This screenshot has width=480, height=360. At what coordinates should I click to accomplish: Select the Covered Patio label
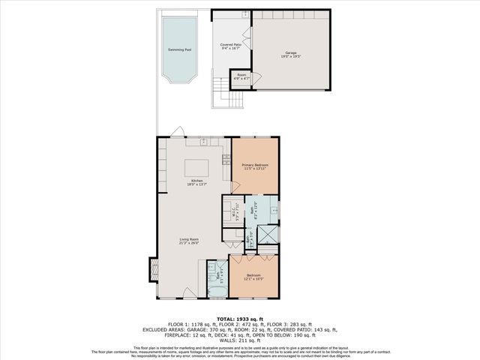(x=230, y=46)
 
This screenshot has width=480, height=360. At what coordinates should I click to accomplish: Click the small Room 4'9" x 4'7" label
(x=241, y=76)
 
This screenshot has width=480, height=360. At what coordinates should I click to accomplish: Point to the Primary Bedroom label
(x=255, y=166)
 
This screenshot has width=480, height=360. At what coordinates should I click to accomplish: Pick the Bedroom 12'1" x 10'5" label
(x=254, y=278)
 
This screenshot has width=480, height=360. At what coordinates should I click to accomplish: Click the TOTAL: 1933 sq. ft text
(x=239, y=318)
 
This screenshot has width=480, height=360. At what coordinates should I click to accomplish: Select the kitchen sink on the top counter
(x=203, y=141)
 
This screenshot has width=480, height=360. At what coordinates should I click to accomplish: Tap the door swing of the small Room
(x=256, y=78)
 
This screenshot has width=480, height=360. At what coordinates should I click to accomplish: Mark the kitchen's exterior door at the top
(x=175, y=133)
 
